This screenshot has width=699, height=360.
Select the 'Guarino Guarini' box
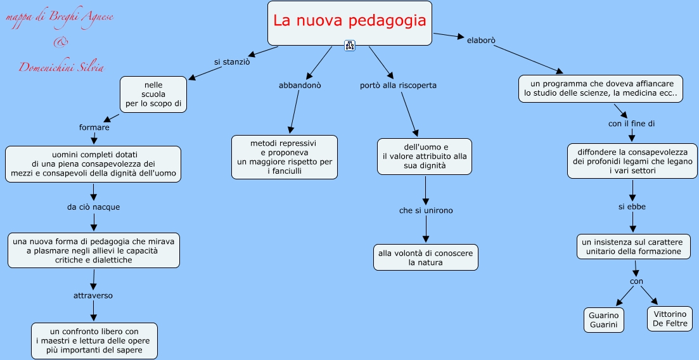pos(603,319)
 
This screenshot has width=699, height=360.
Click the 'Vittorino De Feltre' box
pos(669,319)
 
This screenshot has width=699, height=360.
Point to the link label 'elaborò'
pos(480,40)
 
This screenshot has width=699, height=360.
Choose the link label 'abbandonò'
pos(300,85)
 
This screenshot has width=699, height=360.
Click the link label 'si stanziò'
pos(232,62)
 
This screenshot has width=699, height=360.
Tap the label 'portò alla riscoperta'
pos(398,85)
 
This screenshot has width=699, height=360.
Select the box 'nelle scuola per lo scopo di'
pos(154,94)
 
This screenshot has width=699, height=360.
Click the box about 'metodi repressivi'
pos(285,157)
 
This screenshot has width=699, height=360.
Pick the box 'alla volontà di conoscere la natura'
pos(425,257)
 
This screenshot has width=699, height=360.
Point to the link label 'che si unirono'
pos(426,210)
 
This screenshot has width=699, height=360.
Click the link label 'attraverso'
pos(94,295)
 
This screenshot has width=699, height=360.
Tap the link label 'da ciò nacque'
pos(93,207)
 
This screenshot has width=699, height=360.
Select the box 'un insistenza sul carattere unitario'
pos(632,247)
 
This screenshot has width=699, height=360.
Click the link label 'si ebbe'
pos(632,206)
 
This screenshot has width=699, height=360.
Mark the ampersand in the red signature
pos(60,42)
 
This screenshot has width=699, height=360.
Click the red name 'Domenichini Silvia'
pos(61,68)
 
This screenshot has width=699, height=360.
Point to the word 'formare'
pos(94,127)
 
